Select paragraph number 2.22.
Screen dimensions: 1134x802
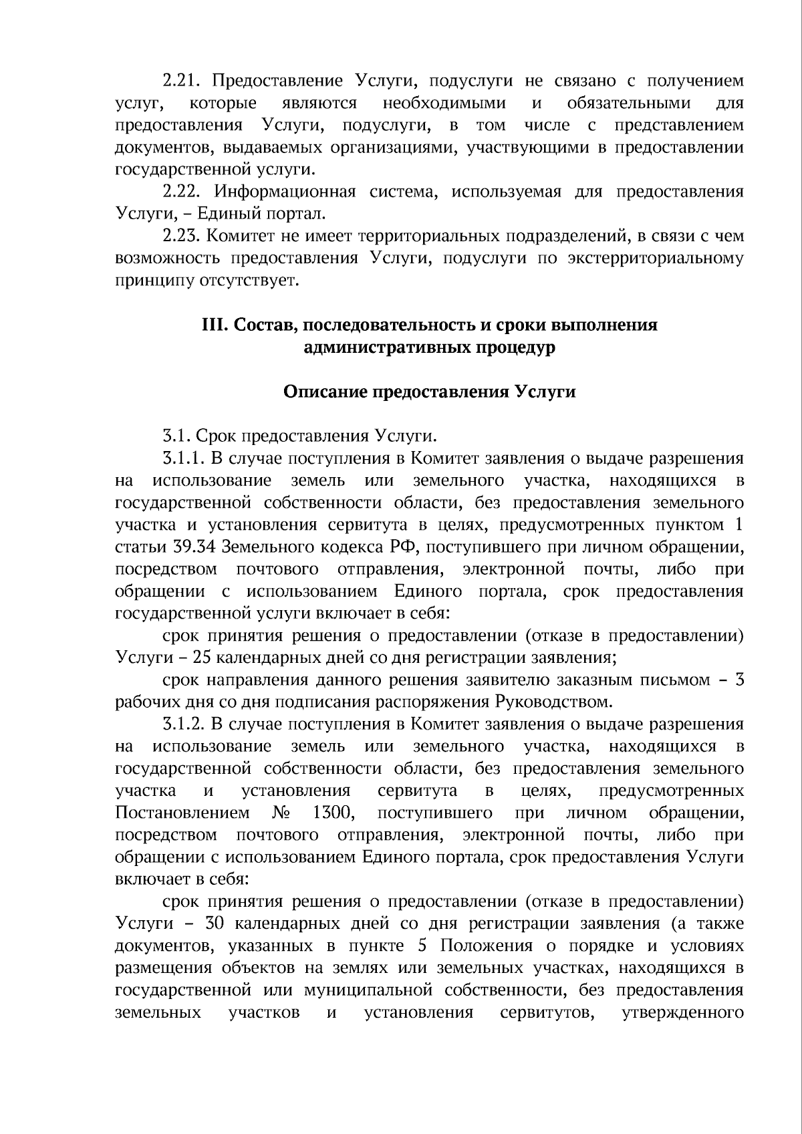point(182,192)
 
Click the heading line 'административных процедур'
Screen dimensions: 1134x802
point(429,347)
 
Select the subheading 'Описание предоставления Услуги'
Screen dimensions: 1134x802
point(429,392)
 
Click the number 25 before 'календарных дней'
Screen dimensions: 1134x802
point(201,658)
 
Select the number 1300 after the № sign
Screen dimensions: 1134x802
point(332,813)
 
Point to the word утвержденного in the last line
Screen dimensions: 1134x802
point(682,1012)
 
